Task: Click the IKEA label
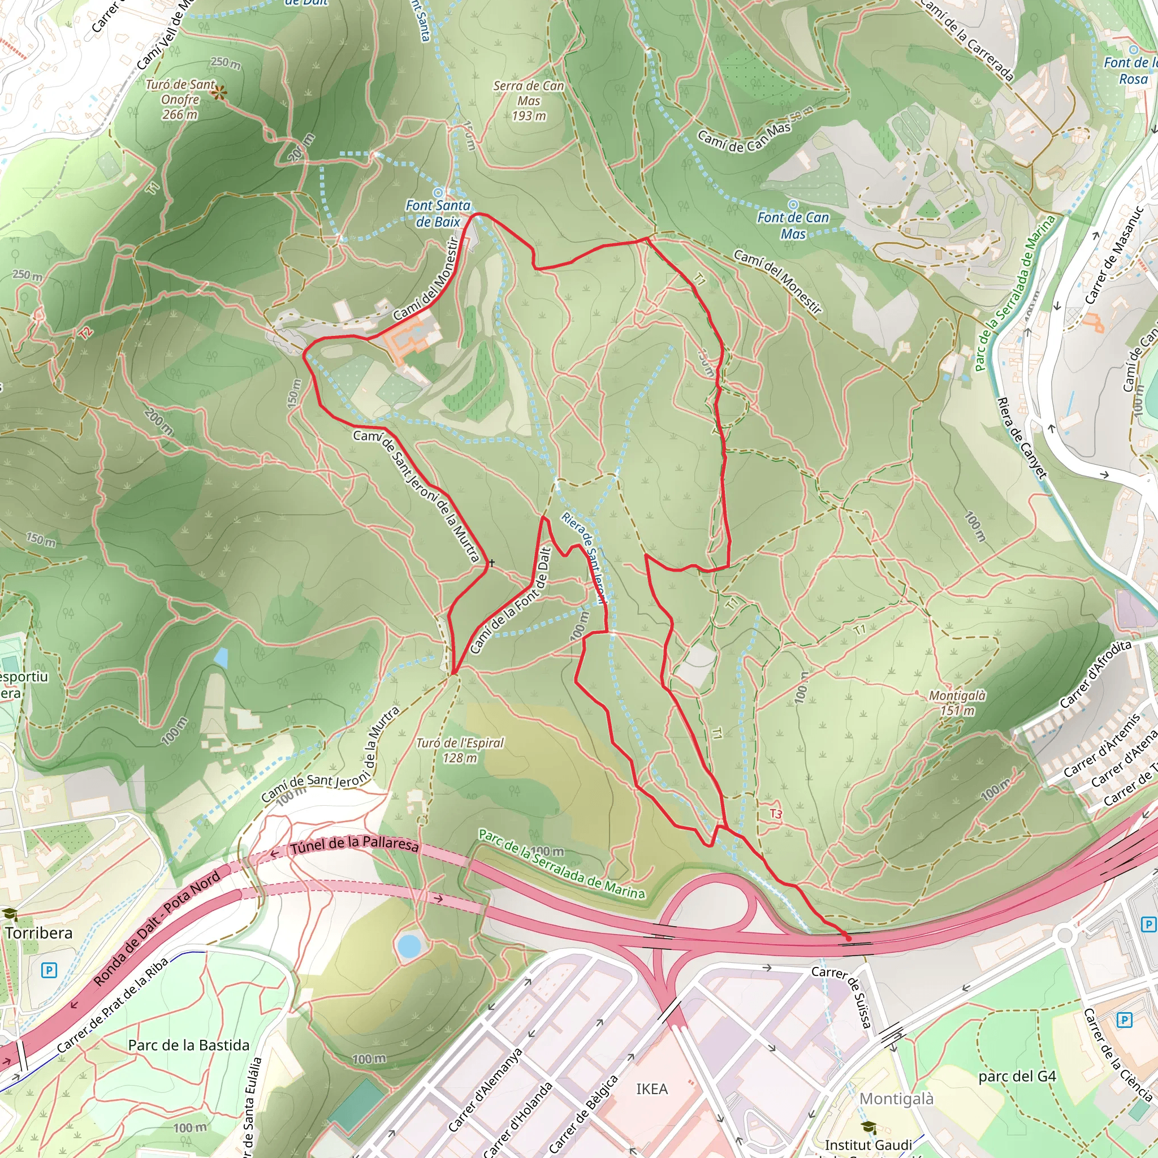pos(651,1088)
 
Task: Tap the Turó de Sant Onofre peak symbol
pos(219,92)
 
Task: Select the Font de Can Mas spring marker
pos(792,205)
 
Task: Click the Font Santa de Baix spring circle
pos(438,192)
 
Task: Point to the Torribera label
pos(39,932)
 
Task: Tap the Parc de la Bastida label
pos(188,1045)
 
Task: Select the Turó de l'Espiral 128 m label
pos(460,750)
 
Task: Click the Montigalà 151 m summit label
pos(957,702)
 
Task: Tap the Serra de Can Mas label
pos(528,100)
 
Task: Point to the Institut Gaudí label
pos(868,1144)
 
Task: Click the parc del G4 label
pos(1017,1076)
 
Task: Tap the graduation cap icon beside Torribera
pos(10,915)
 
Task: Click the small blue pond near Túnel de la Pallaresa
pos(409,945)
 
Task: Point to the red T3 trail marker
pos(776,813)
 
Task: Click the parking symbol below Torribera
pos(49,970)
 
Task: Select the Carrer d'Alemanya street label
pos(486,1090)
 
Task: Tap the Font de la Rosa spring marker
pos(1133,50)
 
